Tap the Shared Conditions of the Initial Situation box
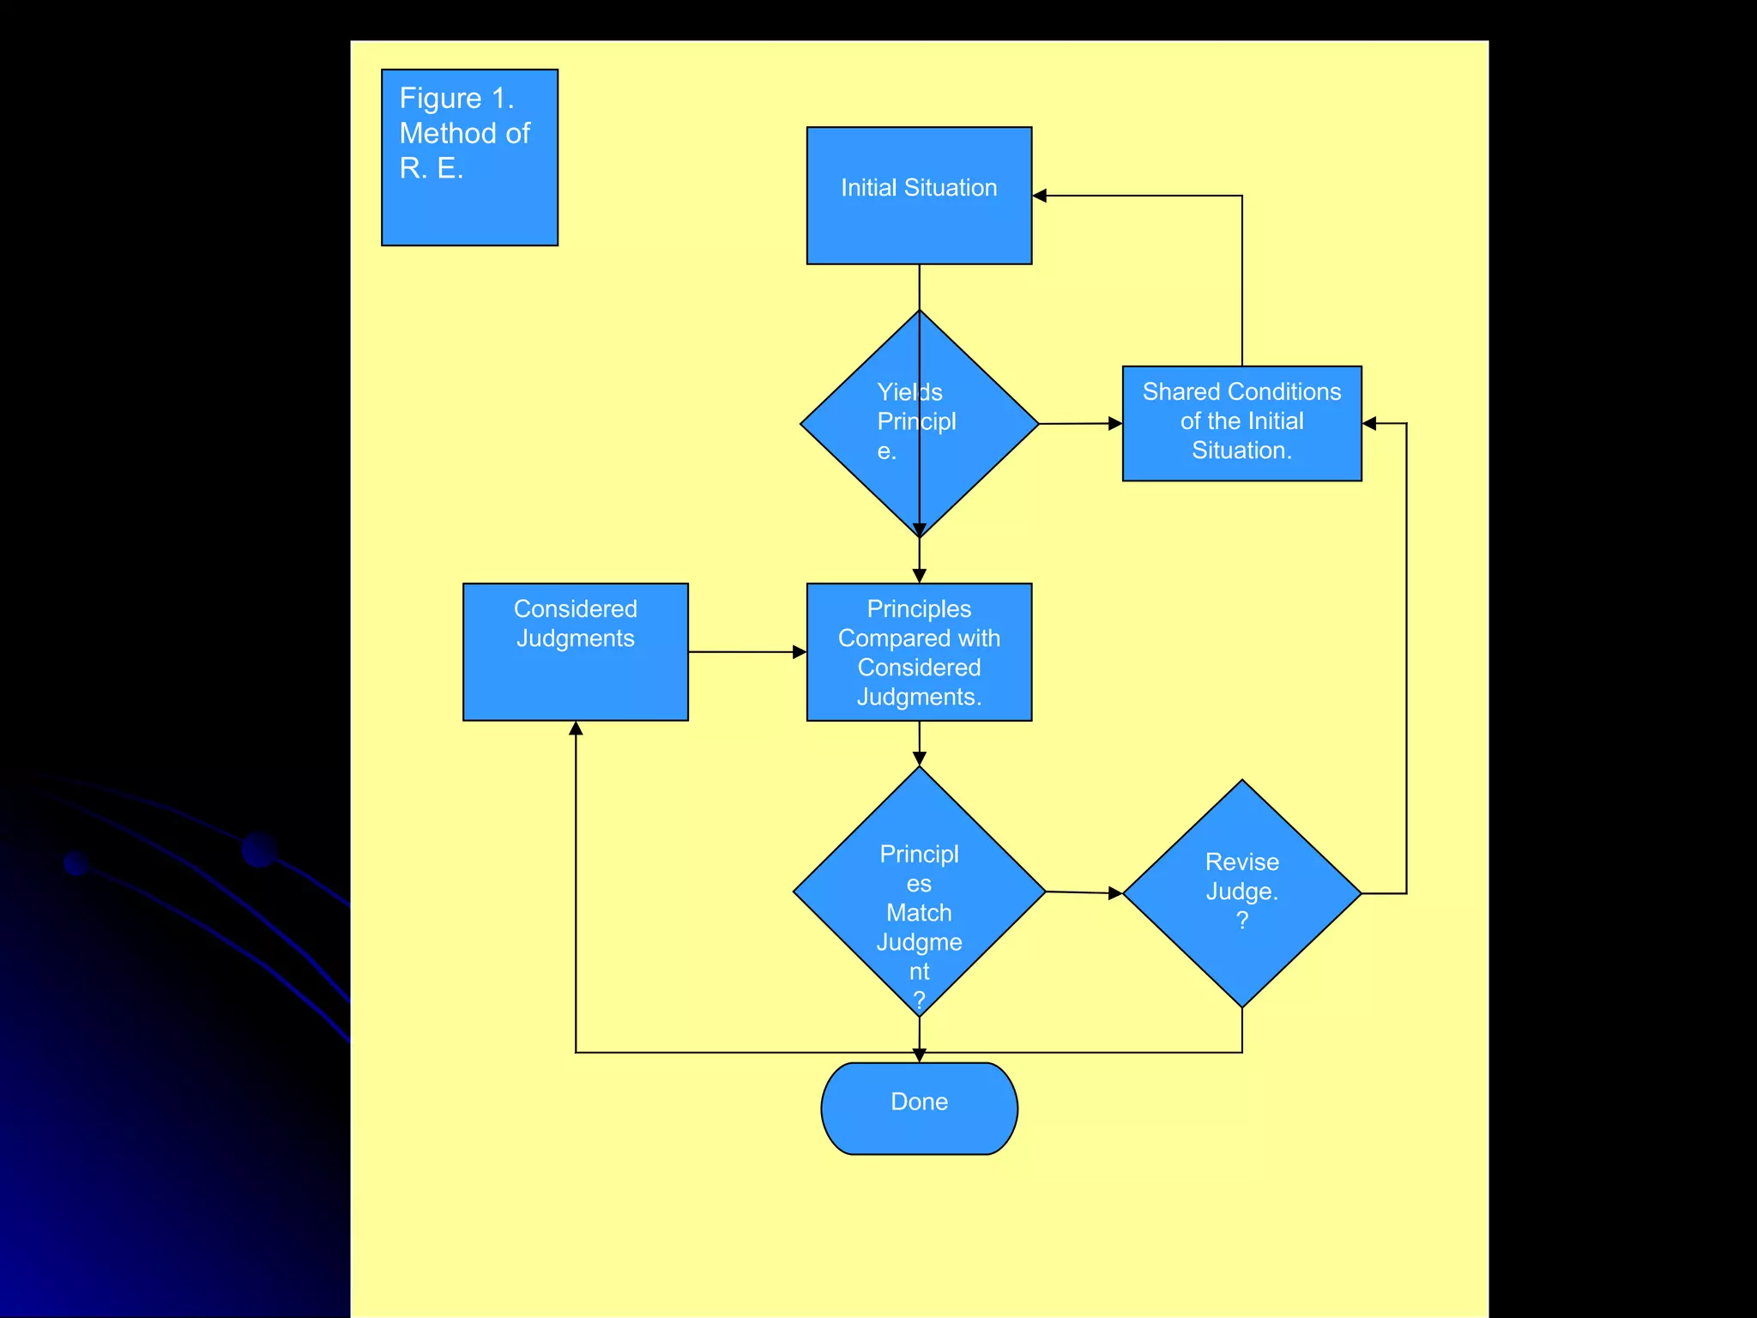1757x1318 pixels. [1241, 423]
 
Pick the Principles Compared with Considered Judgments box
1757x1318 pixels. [919, 652]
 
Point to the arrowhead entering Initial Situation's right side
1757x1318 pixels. [1040, 196]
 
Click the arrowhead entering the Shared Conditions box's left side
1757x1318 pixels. [1115, 423]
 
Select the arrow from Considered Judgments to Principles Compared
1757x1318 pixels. [746, 652]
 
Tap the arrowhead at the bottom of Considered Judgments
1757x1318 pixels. [576, 729]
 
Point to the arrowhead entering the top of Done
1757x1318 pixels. [919, 1055]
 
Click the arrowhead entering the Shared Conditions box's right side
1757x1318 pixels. [1369, 423]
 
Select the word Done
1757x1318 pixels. [919, 1102]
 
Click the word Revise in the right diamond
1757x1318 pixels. [1241, 862]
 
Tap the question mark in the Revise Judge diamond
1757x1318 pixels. [1241, 921]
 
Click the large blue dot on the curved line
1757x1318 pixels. [259, 849]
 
